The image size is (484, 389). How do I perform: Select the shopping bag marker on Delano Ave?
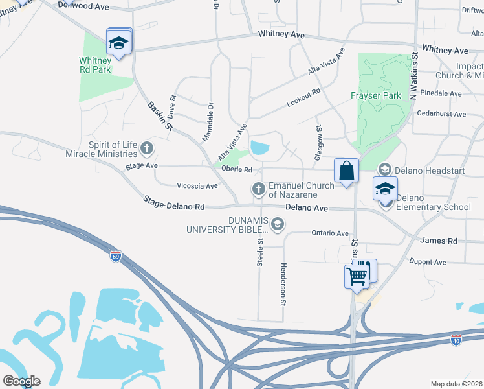(x=347, y=171)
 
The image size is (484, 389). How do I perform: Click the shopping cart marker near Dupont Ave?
(x=357, y=276)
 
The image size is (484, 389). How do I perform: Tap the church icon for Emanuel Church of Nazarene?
(x=258, y=189)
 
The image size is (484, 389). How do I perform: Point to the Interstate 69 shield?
(x=116, y=257)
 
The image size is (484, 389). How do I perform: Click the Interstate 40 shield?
(x=457, y=339)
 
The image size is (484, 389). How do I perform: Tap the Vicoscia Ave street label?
(x=197, y=186)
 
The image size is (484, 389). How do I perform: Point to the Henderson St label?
(x=283, y=284)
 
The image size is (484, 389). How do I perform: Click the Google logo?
(x=21, y=381)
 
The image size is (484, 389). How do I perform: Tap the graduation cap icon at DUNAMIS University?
(x=277, y=224)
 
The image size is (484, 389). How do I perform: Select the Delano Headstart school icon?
(x=384, y=169)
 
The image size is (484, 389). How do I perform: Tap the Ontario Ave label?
(x=330, y=233)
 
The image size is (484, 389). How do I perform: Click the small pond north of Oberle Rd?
(x=260, y=148)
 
